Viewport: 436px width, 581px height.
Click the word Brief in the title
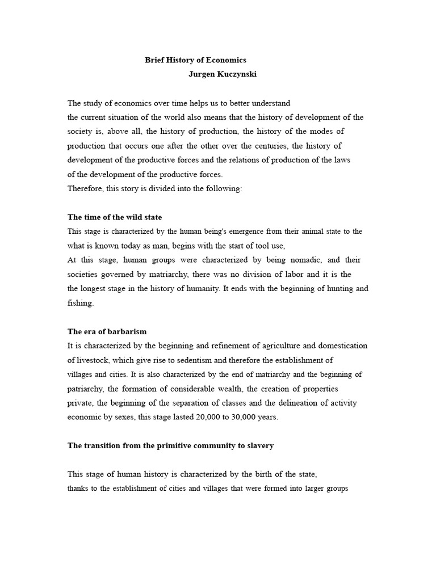(x=154, y=60)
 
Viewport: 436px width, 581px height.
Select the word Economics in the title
(x=227, y=60)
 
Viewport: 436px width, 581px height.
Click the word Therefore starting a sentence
(x=85, y=188)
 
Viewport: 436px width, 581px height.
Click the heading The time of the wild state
(x=115, y=217)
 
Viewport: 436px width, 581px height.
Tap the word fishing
(x=80, y=302)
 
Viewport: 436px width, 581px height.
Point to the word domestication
(x=342, y=346)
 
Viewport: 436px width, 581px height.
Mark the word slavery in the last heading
(x=260, y=445)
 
